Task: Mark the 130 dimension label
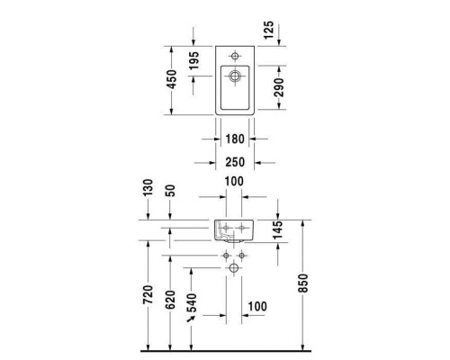148,190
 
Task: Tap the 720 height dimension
148,297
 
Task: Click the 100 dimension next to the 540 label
257,307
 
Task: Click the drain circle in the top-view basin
235,76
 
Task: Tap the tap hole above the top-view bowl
235,51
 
